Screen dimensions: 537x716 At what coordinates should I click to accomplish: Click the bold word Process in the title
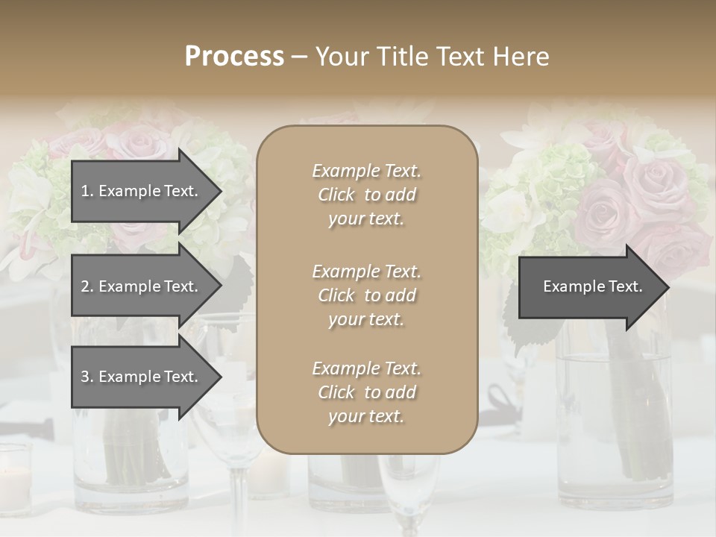click(234, 57)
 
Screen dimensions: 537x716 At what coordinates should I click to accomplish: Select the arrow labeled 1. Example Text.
click(139, 191)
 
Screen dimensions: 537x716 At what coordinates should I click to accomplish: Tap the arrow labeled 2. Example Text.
click(139, 286)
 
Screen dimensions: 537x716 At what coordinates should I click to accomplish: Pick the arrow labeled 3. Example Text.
click(139, 377)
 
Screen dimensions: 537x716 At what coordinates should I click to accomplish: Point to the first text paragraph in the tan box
click(366, 195)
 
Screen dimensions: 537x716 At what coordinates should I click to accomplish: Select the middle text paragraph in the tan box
click(366, 295)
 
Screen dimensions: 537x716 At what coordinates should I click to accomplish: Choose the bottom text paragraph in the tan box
click(366, 392)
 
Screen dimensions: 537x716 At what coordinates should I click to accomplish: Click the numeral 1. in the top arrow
click(87, 191)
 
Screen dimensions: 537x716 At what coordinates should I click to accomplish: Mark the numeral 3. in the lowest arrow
click(87, 377)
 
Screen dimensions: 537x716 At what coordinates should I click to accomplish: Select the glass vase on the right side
click(612, 418)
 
